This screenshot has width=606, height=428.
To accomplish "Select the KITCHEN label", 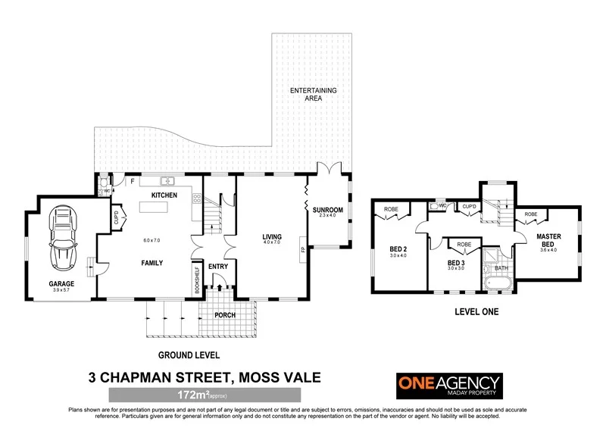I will click(164, 195).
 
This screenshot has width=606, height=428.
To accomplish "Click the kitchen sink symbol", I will click(167, 182).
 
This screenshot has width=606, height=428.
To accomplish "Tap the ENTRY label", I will click(219, 267).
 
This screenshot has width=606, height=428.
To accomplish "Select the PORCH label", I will click(226, 315).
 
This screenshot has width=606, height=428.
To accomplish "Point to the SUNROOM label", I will click(329, 210).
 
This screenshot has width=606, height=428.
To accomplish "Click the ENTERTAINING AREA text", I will click(313, 95).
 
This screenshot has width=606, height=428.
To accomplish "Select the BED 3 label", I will click(455, 262).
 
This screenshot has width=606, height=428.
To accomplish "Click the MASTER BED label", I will click(548, 240).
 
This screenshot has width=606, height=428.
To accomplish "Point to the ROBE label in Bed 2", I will click(391, 209).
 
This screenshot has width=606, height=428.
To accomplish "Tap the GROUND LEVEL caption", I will click(189, 354).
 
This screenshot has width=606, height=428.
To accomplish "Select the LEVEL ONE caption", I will click(475, 311).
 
